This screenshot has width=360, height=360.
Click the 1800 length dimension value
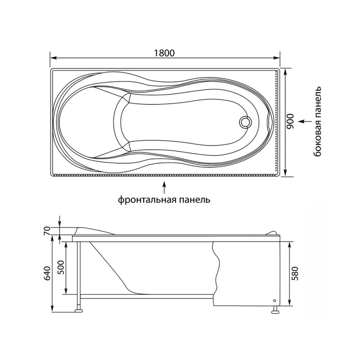[x=164, y=53]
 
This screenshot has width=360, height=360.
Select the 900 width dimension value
[x=290, y=121]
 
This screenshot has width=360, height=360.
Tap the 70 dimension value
[x=47, y=230]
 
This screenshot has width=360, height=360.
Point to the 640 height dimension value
[x=47, y=273]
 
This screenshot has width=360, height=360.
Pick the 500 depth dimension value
[x=60, y=267]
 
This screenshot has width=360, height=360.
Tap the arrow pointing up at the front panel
[x=164, y=188]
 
